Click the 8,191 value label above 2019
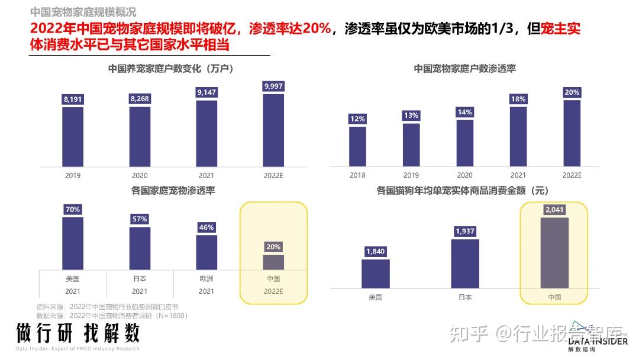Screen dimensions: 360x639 [x=73, y=99]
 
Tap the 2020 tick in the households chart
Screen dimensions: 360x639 [x=140, y=175]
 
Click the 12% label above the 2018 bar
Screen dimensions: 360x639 [x=357, y=119]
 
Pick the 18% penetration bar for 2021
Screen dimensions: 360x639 [x=518, y=136]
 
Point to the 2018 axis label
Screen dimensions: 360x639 [x=357, y=175]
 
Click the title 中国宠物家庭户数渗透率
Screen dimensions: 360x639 [x=464, y=69]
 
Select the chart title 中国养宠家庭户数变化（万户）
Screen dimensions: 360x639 [x=171, y=69]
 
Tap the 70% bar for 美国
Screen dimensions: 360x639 [x=73, y=243]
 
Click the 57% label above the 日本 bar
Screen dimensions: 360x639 [x=140, y=219]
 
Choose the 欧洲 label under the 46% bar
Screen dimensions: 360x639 [x=206, y=278]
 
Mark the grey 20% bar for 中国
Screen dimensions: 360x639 [x=273, y=262]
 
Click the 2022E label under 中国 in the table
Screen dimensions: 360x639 [x=273, y=291]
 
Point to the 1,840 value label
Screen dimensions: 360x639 [x=375, y=252]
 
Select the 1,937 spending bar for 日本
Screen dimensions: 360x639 [x=465, y=263]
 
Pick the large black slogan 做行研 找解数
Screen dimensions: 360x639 [x=78, y=333]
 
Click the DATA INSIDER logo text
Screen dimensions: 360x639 [x=598, y=341]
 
